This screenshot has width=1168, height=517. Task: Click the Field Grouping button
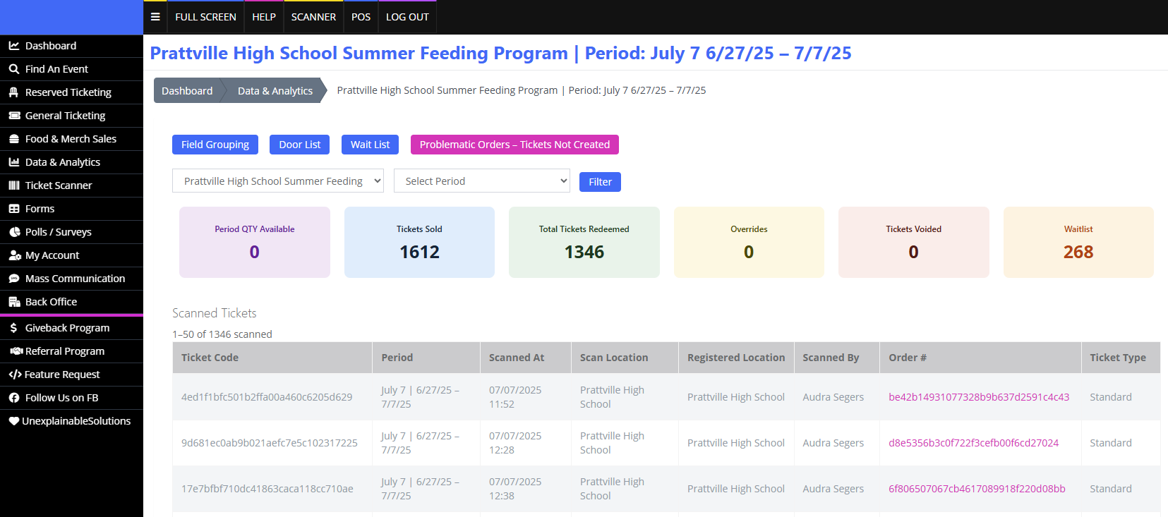pyautogui.click(x=215, y=145)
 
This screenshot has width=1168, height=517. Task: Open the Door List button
pyautogui.click(x=299, y=145)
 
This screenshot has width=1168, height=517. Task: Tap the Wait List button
pyautogui.click(x=370, y=145)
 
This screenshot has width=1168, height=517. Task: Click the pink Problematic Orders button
pyautogui.click(x=514, y=145)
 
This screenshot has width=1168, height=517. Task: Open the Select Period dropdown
pyautogui.click(x=481, y=181)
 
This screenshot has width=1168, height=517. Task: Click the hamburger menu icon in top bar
pyautogui.click(x=155, y=17)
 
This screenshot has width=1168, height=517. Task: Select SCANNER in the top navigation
pyautogui.click(x=313, y=17)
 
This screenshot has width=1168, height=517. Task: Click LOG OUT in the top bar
pyautogui.click(x=407, y=17)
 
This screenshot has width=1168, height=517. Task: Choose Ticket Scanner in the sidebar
pyautogui.click(x=59, y=185)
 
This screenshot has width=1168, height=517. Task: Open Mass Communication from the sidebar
pyautogui.click(x=75, y=279)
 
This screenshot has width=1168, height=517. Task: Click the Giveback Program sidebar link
pyautogui.click(x=67, y=328)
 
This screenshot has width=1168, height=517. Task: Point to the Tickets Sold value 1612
pyautogui.click(x=419, y=252)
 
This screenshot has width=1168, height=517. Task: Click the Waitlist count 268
pyautogui.click(x=1078, y=252)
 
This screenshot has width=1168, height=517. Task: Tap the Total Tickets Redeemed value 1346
pyautogui.click(x=584, y=252)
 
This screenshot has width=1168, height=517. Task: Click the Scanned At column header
pyautogui.click(x=517, y=358)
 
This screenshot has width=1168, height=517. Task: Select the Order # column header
pyautogui.click(x=908, y=358)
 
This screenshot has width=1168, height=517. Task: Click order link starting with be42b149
pyautogui.click(x=979, y=397)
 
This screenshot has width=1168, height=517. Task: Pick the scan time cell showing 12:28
pyautogui.click(x=515, y=443)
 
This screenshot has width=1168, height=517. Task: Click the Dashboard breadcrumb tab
pyautogui.click(x=187, y=91)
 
